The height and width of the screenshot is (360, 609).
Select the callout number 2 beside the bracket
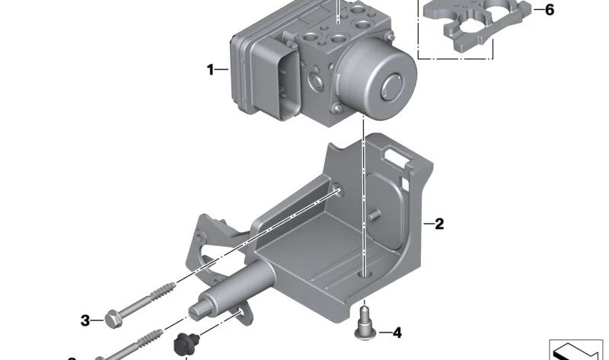point(438,224)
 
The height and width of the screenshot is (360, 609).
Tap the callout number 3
point(85,320)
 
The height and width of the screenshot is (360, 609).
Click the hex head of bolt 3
point(112,320)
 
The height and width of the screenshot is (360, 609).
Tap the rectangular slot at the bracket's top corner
point(397,157)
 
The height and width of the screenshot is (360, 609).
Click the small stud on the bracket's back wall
point(373,215)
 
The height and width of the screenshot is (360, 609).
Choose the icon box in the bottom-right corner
point(576,349)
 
